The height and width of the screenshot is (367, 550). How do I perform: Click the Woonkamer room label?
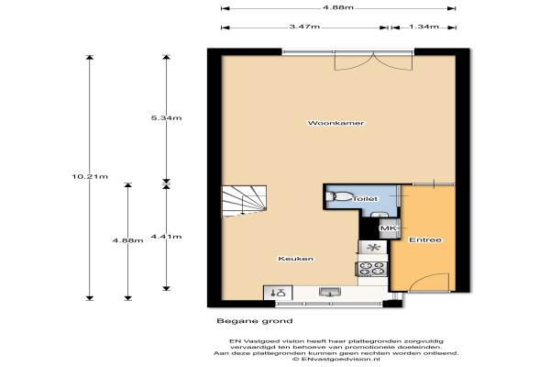335,123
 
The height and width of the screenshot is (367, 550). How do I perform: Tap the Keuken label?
296,259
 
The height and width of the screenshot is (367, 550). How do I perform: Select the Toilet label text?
365,199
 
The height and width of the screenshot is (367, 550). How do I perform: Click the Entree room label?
425,240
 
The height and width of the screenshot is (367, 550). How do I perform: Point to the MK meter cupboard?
390,228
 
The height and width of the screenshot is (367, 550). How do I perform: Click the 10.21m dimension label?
90,177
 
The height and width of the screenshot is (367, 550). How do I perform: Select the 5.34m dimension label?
166,118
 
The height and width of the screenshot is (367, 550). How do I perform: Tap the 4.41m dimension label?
166,237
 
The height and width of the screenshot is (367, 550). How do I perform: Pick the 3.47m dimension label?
304,27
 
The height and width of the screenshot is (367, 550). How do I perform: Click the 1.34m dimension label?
424,27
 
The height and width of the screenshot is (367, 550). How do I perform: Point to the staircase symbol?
244,201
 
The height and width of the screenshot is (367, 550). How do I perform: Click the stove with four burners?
372,269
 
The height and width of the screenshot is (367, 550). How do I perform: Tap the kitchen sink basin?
330,292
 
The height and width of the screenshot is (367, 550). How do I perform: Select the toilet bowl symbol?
339,196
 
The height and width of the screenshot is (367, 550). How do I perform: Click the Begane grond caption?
255,321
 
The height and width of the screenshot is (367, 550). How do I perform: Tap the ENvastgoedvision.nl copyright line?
336,360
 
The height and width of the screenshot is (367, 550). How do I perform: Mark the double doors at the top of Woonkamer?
374,61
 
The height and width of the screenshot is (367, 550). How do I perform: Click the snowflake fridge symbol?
373,247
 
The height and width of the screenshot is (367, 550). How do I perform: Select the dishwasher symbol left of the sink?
278,293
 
